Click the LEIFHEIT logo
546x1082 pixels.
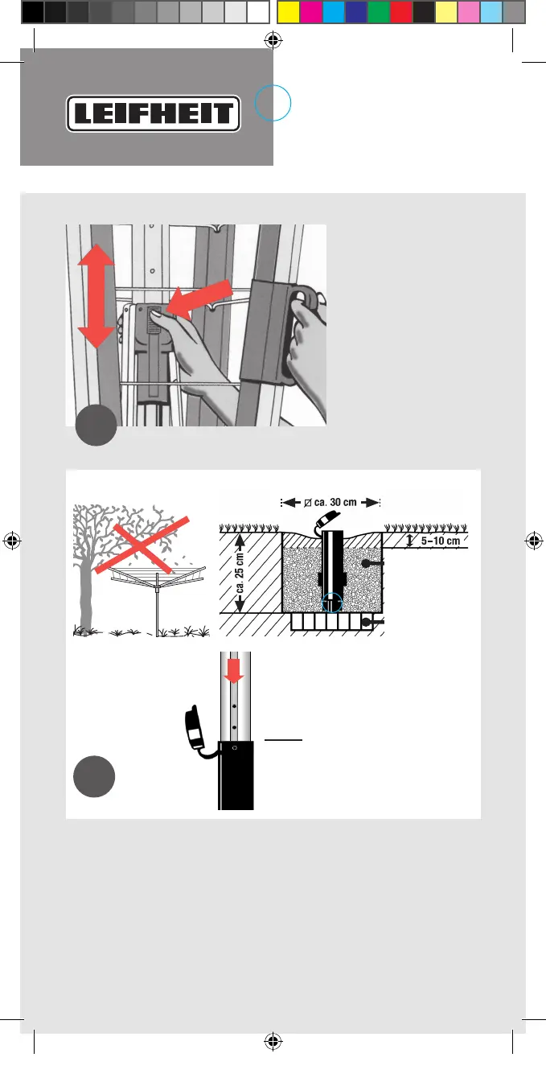[x=154, y=114]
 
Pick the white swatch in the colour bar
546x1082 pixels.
[x=257, y=12]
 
